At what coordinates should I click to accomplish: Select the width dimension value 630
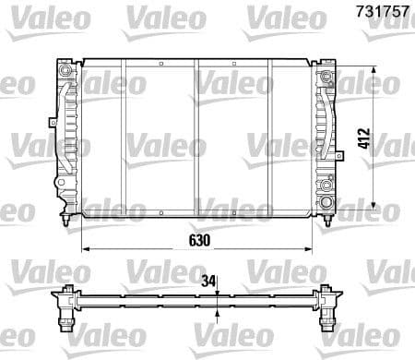(x=200, y=238)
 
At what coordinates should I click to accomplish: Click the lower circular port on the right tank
(x=327, y=202)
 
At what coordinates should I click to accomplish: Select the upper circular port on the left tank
(x=65, y=70)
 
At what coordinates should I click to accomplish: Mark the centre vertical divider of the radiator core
(x=196, y=138)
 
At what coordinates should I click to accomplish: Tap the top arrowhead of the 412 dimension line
(x=373, y=71)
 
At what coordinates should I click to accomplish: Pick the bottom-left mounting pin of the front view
(x=64, y=222)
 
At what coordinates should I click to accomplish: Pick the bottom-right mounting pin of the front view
(x=330, y=222)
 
